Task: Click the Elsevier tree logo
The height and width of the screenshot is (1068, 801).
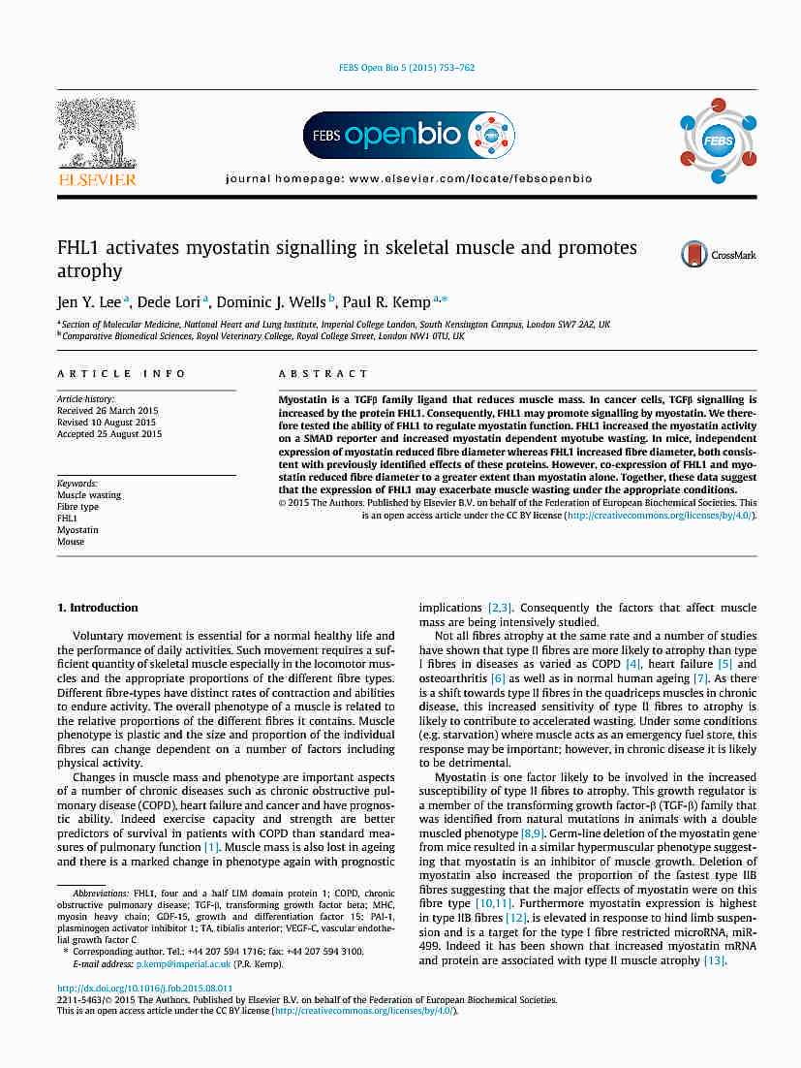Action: (x=97, y=135)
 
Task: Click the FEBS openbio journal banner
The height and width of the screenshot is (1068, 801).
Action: (x=409, y=136)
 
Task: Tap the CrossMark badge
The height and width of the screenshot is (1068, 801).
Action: (x=718, y=255)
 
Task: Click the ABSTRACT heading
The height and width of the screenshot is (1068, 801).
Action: (x=323, y=374)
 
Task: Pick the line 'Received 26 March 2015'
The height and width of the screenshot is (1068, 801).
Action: (x=108, y=411)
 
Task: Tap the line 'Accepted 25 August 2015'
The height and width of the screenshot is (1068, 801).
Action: (x=109, y=434)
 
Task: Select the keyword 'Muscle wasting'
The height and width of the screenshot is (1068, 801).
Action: (x=89, y=495)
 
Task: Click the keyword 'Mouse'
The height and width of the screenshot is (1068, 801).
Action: (x=71, y=542)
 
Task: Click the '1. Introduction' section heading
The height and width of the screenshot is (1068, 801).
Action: (x=98, y=608)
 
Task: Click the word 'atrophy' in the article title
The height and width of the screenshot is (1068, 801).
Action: (x=90, y=271)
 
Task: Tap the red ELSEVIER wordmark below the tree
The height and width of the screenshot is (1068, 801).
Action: (x=98, y=179)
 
